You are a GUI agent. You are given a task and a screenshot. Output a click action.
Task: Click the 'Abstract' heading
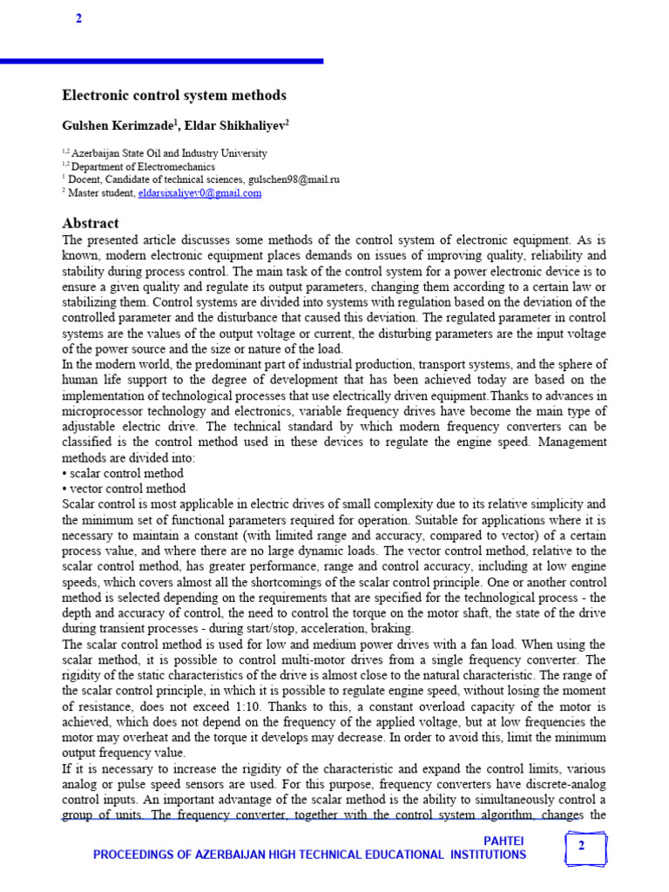tap(91, 223)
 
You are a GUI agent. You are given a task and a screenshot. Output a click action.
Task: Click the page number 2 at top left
tap(78, 19)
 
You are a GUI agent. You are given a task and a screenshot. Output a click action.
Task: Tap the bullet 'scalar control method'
tap(125, 474)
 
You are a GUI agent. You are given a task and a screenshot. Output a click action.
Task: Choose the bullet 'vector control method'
tap(125, 489)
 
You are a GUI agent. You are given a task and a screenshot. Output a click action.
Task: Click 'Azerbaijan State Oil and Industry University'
tap(169, 152)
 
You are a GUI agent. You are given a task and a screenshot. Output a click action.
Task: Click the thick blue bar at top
tap(161, 61)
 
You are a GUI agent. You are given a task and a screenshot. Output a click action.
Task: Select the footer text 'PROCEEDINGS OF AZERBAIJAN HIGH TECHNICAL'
tap(261, 855)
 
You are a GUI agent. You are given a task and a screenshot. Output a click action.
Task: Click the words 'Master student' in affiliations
tap(103, 193)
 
